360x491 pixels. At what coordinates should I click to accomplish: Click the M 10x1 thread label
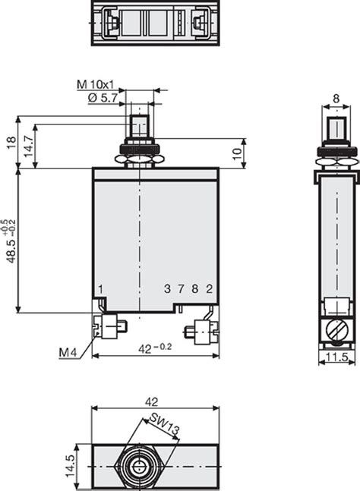coord(96,84)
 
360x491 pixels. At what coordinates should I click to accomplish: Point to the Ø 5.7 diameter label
coord(103,99)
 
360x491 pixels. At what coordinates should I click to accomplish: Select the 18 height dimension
coord(11,143)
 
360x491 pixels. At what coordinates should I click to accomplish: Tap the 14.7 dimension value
coord(29,146)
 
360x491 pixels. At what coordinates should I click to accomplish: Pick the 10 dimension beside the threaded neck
coord(237,153)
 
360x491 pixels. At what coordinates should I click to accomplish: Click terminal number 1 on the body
coord(100,289)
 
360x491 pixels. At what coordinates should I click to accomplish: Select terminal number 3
coord(167,288)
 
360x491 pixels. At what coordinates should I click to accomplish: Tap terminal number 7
coord(181,288)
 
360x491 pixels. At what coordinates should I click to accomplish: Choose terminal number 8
coord(195,288)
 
